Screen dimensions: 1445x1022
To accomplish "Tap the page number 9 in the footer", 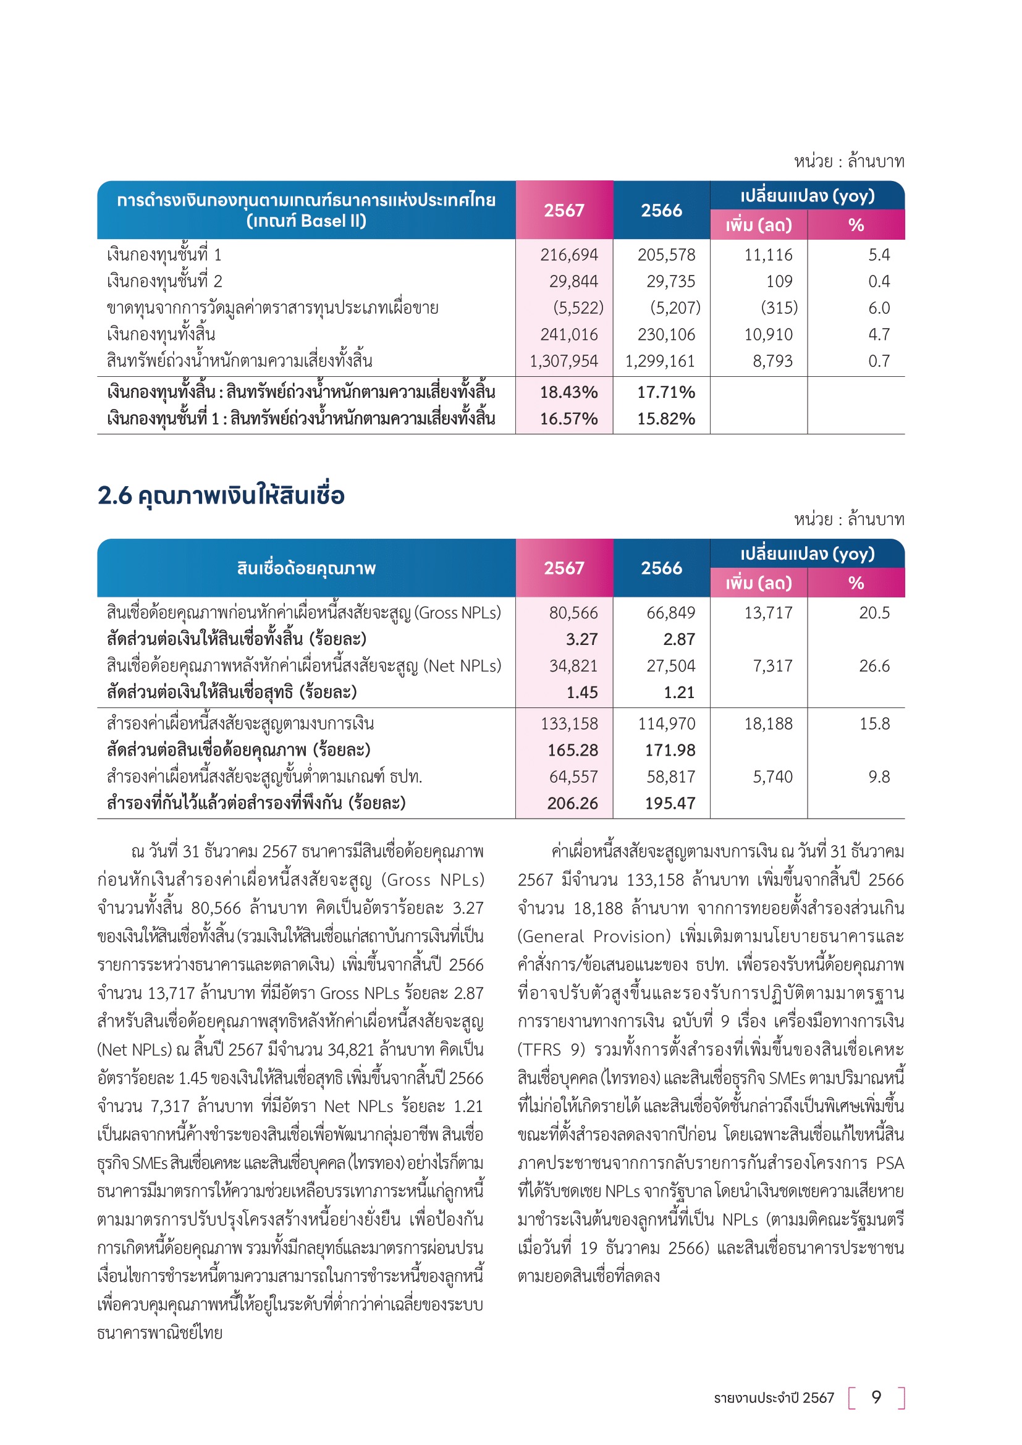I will point(876,1397).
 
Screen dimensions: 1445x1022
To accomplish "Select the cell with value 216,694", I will point(569,255).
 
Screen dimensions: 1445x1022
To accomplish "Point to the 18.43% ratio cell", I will point(568,392).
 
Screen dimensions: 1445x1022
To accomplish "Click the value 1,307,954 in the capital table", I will point(564,361).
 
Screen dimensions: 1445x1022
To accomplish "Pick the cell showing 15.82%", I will point(666,418).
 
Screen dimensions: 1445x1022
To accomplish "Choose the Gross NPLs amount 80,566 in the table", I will point(573,612).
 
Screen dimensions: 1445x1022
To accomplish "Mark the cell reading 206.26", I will point(572,803).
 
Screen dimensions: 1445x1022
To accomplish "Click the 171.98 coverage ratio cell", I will point(670,750).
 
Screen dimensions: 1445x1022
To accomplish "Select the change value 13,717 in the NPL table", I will point(768,612).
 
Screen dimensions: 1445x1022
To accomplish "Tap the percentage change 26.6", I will point(874,666).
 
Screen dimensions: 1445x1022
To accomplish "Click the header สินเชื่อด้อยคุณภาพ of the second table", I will point(306,568).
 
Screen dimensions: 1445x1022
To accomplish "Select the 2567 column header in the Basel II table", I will point(564,210).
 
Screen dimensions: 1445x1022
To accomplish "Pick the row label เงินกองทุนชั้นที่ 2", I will point(164,281).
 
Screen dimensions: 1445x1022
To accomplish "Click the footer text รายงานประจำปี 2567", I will point(774,1398).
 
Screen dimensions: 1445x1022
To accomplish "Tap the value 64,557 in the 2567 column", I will point(573,777).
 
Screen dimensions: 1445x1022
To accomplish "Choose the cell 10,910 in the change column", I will point(768,334).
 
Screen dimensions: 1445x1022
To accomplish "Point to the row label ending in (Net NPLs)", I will point(304,666).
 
